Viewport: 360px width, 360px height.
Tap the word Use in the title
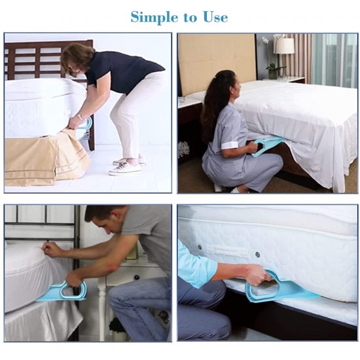click(215, 16)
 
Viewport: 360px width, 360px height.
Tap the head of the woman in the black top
click(77, 57)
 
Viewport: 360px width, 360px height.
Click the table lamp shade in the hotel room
click(284, 46)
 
